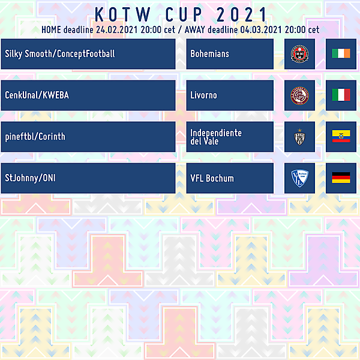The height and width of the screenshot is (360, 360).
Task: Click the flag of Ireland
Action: coord(341,53)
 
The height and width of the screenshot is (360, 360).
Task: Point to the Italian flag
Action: coord(341,95)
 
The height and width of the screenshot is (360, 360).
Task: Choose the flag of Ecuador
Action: coord(341,137)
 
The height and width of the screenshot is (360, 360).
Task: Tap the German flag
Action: coord(341,178)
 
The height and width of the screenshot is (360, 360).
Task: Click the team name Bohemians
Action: coord(209,53)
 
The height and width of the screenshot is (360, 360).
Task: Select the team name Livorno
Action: coord(203,95)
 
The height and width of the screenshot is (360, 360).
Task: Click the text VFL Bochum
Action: coord(212,178)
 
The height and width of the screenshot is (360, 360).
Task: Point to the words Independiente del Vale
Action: coord(216,137)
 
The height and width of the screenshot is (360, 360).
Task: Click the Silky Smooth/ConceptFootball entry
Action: coord(59,53)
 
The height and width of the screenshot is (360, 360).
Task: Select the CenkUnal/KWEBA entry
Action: coord(37,95)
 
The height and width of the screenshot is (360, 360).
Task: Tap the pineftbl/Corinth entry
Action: coord(35,137)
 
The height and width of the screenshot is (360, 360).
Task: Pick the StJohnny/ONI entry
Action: coord(31,178)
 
